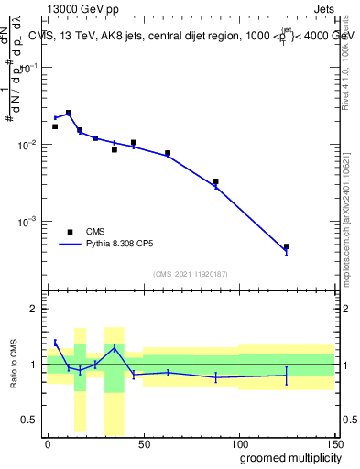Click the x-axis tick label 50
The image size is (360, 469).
click(143, 443)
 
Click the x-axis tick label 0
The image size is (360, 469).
click(48, 443)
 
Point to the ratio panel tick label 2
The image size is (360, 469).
click(34, 309)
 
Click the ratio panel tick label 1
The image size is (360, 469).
click(34, 365)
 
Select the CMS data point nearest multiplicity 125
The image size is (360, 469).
click(286, 246)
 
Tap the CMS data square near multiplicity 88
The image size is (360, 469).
click(215, 181)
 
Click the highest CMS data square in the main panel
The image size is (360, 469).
click(69, 113)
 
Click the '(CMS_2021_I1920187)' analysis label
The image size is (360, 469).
click(191, 273)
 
